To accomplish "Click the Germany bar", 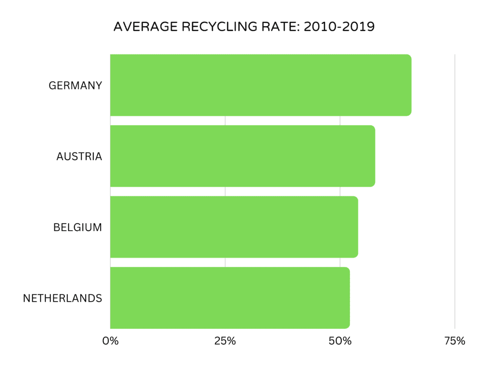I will click(x=261, y=85).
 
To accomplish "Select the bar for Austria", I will click(x=243, y=156).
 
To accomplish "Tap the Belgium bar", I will click(x=234, y=227).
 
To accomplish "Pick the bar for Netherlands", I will click(x=230, y=298).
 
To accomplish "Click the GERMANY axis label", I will click(x=75, y=85).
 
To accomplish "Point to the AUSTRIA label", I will click(x=79, y=156).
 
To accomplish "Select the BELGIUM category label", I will click(x=78, y=227).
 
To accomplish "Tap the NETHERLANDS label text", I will click(x=62, y=298).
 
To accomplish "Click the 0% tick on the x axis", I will click(x=110, y=341).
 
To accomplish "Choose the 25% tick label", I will click(x=225, y=341).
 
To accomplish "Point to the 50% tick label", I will click(x=340, y=341).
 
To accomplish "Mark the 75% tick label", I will click(x=455, y=341).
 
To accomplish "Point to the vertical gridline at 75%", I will click(x=455, y=191).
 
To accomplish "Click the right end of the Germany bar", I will click(x=410, y=85).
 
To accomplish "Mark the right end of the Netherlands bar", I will click(x=348, y=298).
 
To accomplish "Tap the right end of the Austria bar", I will click(x=374, y=156).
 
